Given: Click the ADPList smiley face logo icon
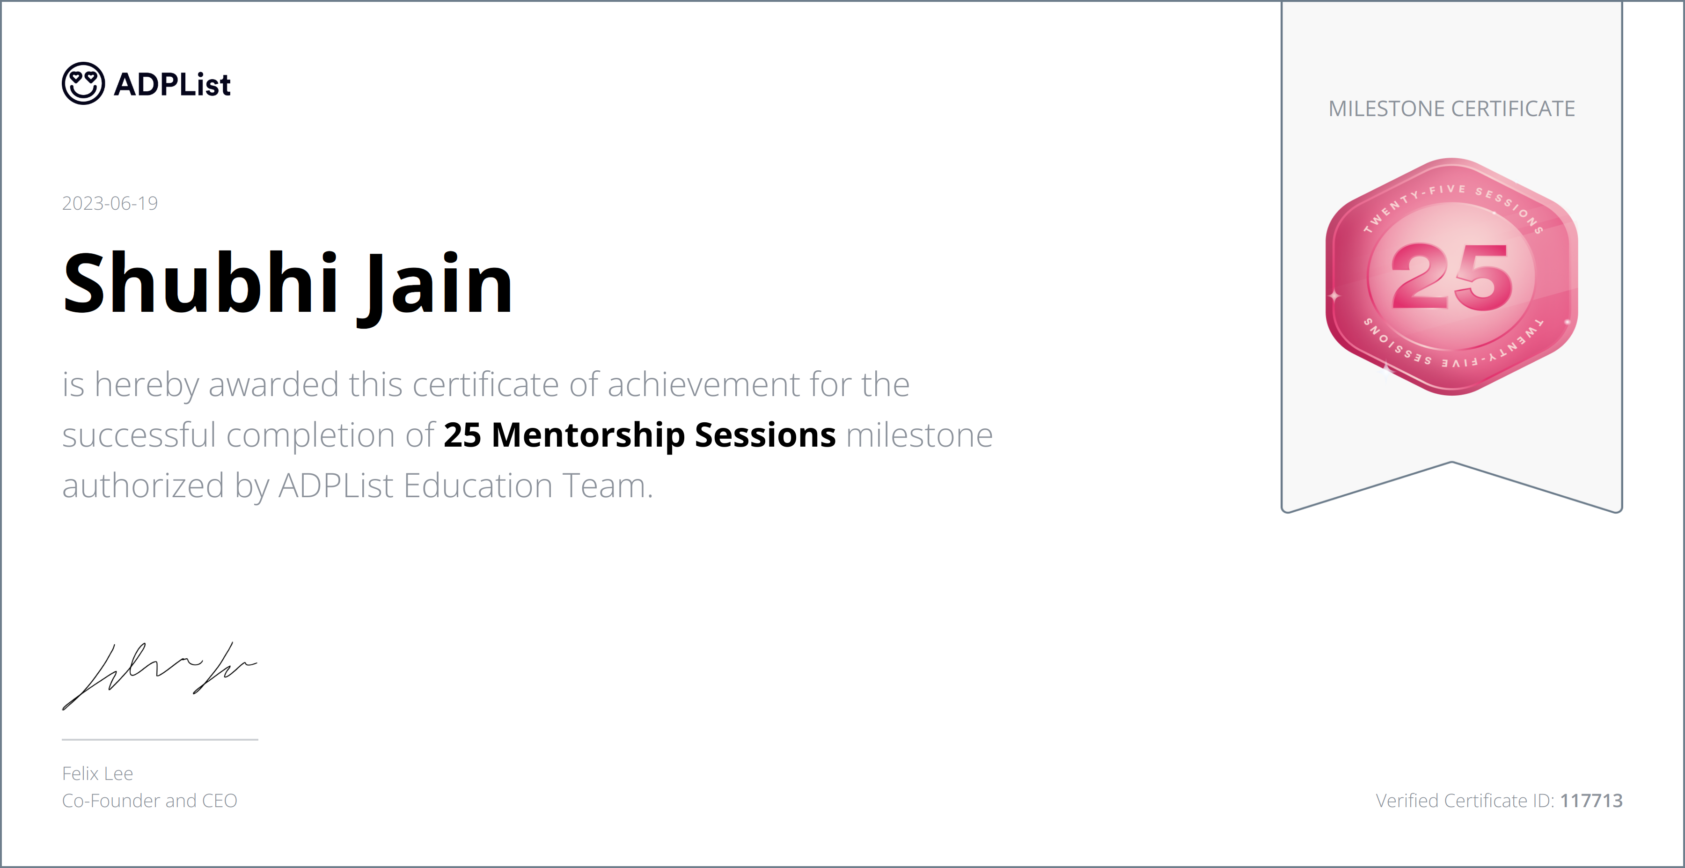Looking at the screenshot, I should (x=83, y=84).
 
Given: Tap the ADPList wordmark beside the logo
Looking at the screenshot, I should (x=172, y=84).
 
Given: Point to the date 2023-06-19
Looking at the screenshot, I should (x=110, y=204).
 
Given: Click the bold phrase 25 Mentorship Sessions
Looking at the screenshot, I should (x=639, y=435).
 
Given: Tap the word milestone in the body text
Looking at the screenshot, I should (x=919, y=435).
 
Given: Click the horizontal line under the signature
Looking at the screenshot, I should (x=160, y=739).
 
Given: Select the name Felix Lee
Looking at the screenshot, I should (x=97, y=774).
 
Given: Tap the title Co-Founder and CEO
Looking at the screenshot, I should (x=149, y=801).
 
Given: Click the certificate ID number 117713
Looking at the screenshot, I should (x=1591, y=801).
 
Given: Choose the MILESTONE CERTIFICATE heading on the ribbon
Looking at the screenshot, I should (x=1451, y=109).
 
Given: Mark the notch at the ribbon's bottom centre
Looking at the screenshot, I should (x=1451, y=463).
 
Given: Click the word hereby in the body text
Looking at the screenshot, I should (x=147, y=385).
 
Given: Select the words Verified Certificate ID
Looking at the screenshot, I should (x=1465, y=801).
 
